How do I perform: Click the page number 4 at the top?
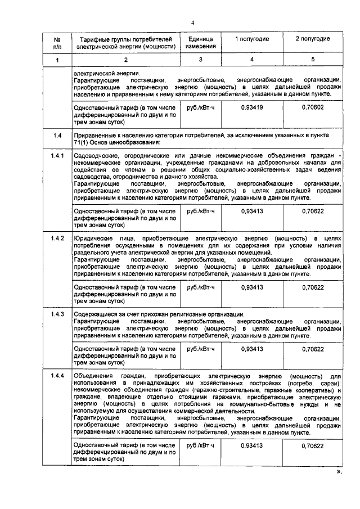192,23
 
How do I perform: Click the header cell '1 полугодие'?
251,39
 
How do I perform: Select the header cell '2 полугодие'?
312,39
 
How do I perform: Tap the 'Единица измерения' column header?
200,43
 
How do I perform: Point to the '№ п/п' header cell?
57,43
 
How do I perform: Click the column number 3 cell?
200,60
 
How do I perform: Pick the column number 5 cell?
312,60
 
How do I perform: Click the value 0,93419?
251,106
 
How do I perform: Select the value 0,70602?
312,106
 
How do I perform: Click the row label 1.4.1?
57,155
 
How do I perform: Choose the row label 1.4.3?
57,314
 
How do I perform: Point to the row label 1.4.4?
57,375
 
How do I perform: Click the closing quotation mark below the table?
339,472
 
